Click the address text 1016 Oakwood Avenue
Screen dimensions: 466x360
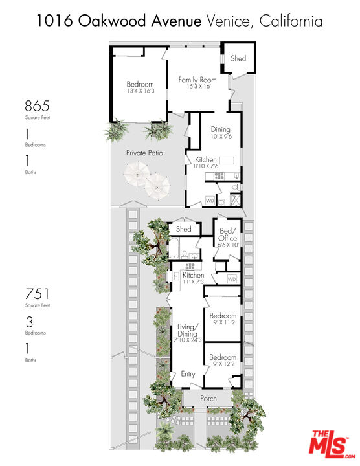119,22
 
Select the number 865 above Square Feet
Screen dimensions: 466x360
37,106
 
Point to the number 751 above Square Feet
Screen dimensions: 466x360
36,294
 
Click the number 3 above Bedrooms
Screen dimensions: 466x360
28,322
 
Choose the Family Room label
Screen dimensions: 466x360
197,80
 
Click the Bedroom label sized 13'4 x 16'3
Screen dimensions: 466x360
140,85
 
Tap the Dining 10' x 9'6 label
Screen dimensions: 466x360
220,129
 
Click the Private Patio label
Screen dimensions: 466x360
144,153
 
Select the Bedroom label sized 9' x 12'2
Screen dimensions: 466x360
222,357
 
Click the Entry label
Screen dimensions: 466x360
188,374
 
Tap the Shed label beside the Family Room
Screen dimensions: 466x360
238,58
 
